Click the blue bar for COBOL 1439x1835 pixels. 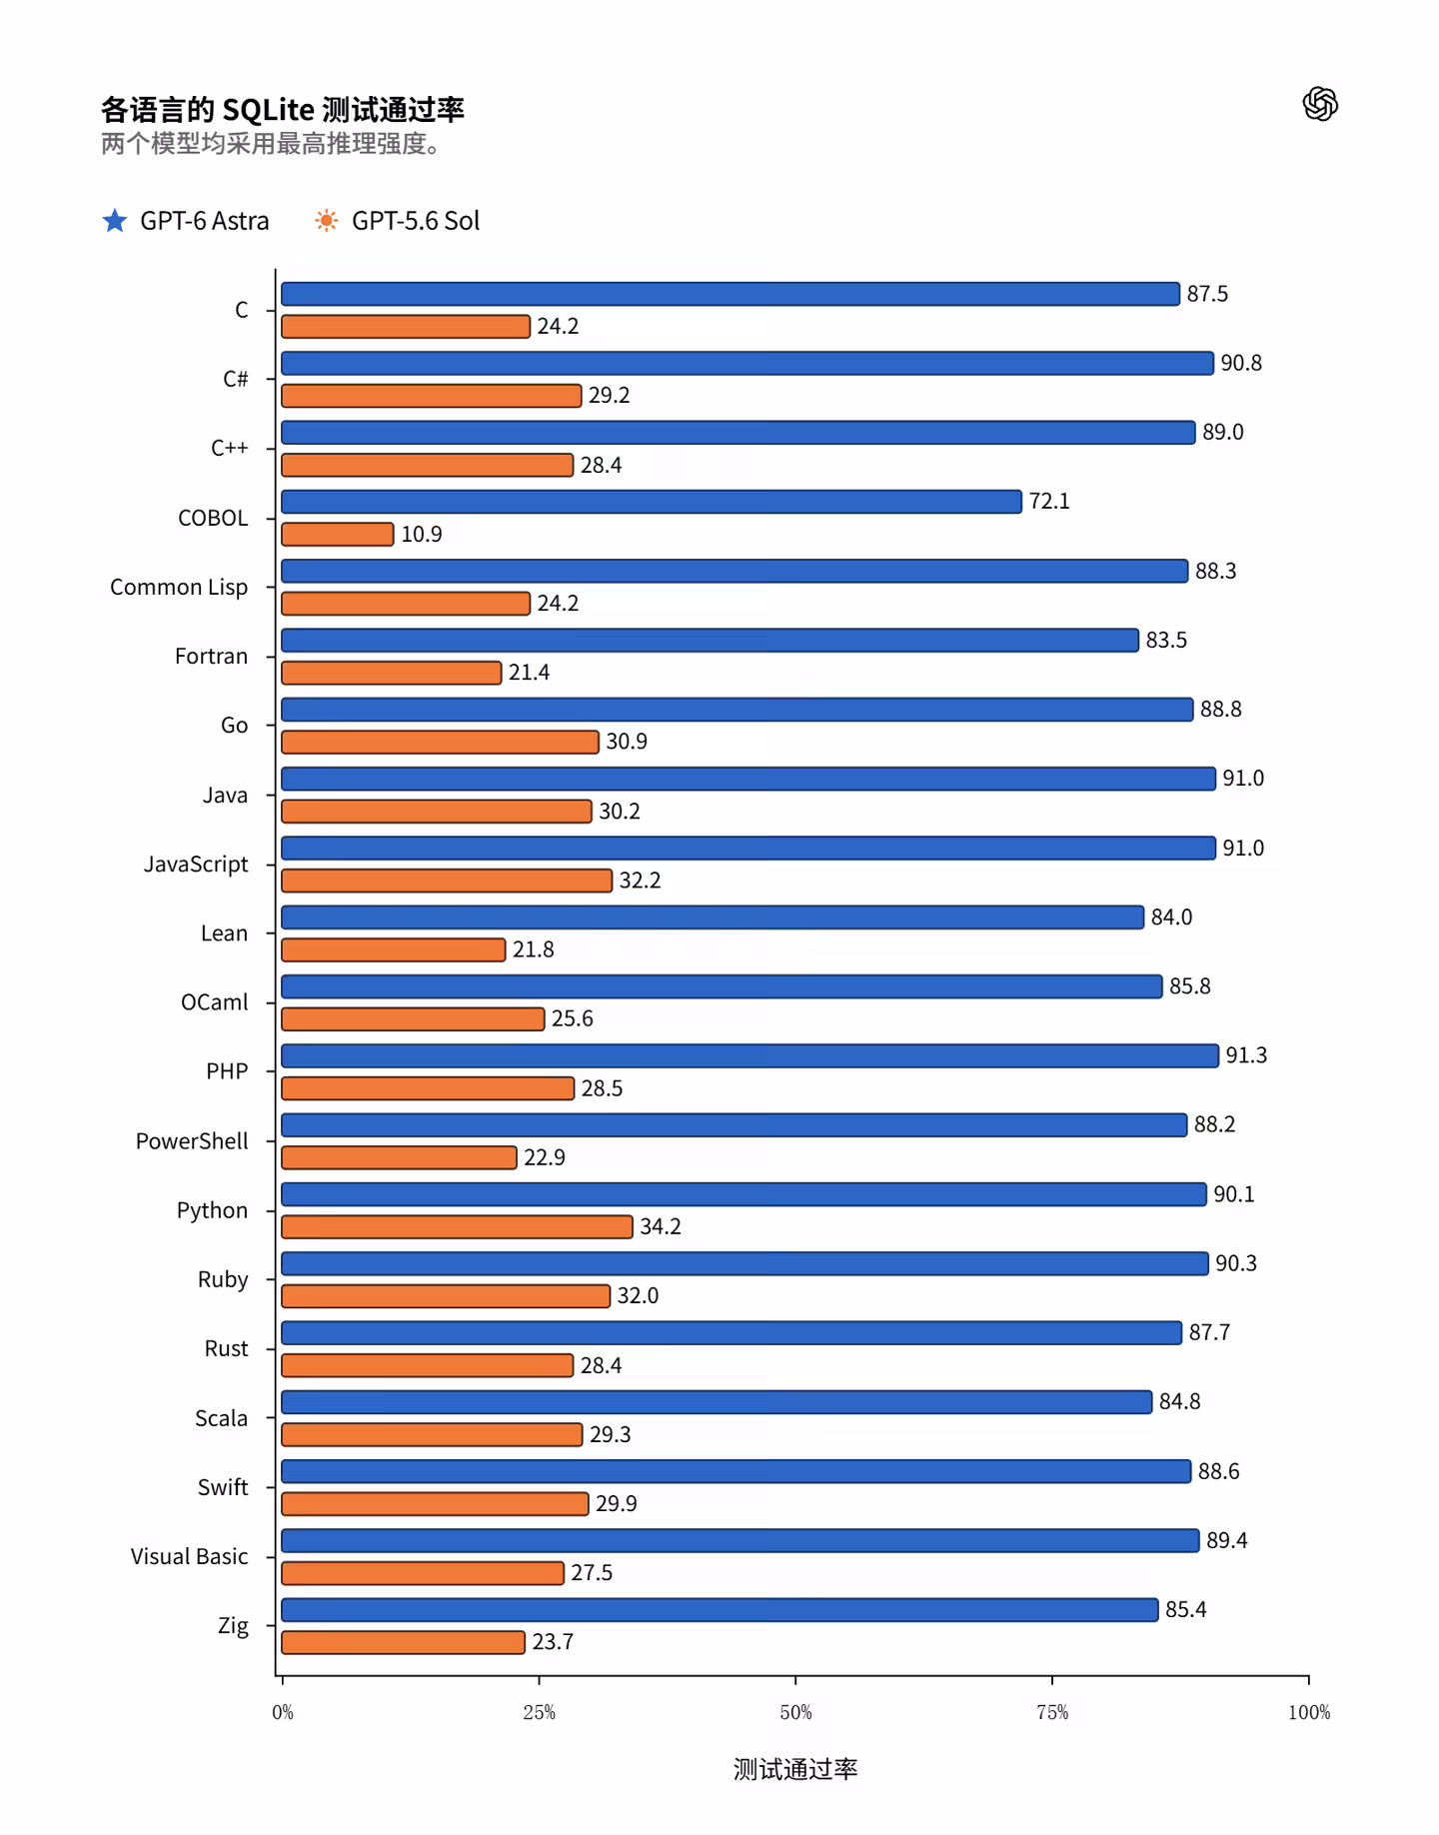click(x=652, y=502)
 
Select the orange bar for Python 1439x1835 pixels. click(x=457, y=1226)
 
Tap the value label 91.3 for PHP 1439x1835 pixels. click(x=1246, y=1055)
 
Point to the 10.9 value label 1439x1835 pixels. click(x=422, y=535)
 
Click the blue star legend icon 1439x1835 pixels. click(x=115, y=220)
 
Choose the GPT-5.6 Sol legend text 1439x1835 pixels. click(x=416, y=221)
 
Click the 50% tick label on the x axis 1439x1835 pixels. click(x=795, y=1712)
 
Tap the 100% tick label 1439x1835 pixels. click(x=1309, y=1712)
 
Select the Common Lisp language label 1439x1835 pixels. click(x=179, y=588)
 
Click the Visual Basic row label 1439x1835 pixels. click(x=189, y=1556)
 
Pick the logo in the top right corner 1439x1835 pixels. click(x=1320, y=104)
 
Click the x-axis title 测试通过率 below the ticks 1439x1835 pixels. click(x=795, y=1769)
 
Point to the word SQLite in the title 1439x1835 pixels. click(x=268, y=109)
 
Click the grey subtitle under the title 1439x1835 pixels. click(x=271, y=144)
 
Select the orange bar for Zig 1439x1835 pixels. click(x=403, y=1642)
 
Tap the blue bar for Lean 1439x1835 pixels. click(x=713, y=917)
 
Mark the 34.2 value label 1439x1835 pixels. click(x=661, y=1226)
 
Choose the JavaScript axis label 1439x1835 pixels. click(x=196, y=865)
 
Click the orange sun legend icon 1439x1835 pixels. click(x=327, y=220)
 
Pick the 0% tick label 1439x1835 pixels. click(x=283, y=1712)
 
